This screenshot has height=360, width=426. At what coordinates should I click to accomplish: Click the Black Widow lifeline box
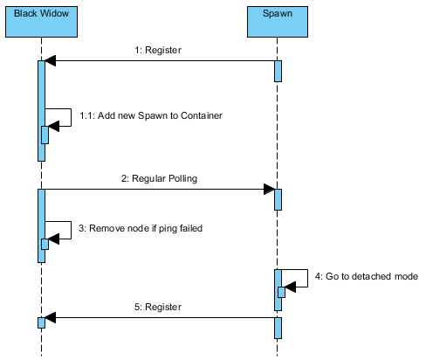(x=41, y=22)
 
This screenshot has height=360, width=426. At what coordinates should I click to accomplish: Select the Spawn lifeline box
(x=278, y=22)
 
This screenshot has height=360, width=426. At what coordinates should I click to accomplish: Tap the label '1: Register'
(x=158, y=50)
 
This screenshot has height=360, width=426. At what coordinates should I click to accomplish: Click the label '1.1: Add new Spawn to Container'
(x=151, y=115)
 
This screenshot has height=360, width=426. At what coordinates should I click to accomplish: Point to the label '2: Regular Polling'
(x=159, y=178)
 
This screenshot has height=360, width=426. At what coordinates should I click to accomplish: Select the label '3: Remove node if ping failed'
(x=141, y=228)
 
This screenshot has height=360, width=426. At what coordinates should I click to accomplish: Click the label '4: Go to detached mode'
(x=367, y=276)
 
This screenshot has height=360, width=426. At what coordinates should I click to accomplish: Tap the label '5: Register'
(x=158, y=307)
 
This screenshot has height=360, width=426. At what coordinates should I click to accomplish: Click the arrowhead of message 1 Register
(x=51, y=60)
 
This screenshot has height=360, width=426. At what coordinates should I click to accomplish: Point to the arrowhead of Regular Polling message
(x=269, y=190)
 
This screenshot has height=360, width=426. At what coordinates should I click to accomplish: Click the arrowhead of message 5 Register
(x=51, y=317)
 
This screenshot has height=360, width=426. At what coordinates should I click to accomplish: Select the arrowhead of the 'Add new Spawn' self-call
(x=54, y=126)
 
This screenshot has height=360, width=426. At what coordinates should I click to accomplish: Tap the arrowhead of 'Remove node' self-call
(x=54, y=239)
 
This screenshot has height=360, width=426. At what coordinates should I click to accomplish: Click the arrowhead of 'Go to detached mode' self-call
(x=291, y=287)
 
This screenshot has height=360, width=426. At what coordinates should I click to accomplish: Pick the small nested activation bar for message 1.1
(x=45, y=135)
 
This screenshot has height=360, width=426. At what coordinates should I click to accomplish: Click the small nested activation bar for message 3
(x=45, y=244)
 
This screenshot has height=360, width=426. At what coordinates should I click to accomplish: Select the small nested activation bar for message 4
(x=281, y=292)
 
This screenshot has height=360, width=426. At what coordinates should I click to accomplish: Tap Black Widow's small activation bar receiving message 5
(x=41, y=322)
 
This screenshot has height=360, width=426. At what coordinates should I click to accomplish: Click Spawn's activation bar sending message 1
(x=278, y=71)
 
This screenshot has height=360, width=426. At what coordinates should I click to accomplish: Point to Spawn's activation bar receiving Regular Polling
(x=278, y=199)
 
